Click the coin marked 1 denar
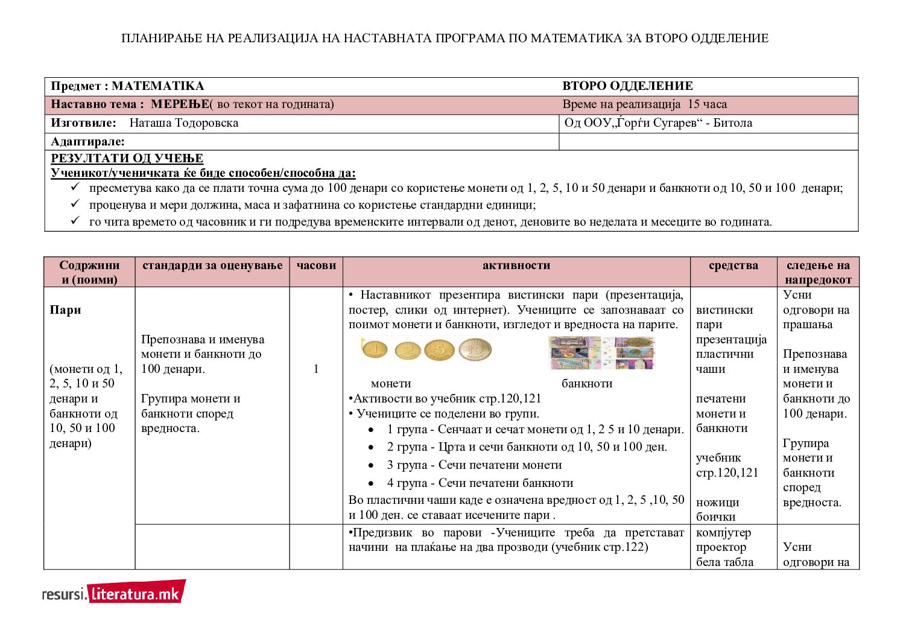click(374, 350)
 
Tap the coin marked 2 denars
click(408, 351)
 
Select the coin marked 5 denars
click(439, 350)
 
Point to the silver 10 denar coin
click(475, 349)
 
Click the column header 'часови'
click(316, 265)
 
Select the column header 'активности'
click(516, 265)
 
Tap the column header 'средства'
click(733, 265)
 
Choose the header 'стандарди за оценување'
click(212, 265)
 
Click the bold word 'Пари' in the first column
click(65, 310)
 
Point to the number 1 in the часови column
click(316, 369)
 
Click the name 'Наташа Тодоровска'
click(184, 123)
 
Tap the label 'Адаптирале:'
click(88, 142)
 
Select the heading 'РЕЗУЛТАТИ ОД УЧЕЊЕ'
click(127, 158)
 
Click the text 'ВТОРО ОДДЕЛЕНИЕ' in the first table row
click(627, 86)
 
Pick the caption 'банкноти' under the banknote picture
click(587, 384)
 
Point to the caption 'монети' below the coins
click(391, 384)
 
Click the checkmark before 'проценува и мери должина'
click(75, 205)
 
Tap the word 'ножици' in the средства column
click(717, 502)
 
